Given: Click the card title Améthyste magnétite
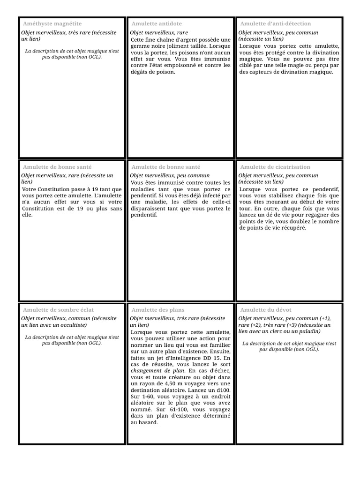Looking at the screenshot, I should click(52, 23).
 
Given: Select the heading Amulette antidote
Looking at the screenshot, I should click(157, 23).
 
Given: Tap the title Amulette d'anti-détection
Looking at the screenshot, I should click(275, 23).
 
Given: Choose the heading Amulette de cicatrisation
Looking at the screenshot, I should click(275, 167).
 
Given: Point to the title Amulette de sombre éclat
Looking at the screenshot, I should click(58, 310).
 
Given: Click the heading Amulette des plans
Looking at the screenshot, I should click(157, 310).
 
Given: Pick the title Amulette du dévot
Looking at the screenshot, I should click(265, 310).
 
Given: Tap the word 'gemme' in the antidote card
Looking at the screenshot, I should click(140, 46).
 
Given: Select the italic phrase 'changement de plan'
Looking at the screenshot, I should click(157, 370).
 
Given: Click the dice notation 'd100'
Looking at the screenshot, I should click(223, 390).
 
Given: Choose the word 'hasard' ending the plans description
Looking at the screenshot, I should click(149, 422).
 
